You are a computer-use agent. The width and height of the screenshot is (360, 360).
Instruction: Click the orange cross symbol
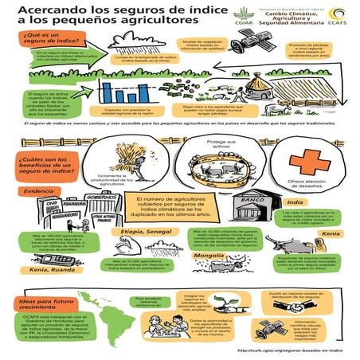click(x=303, y=162)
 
